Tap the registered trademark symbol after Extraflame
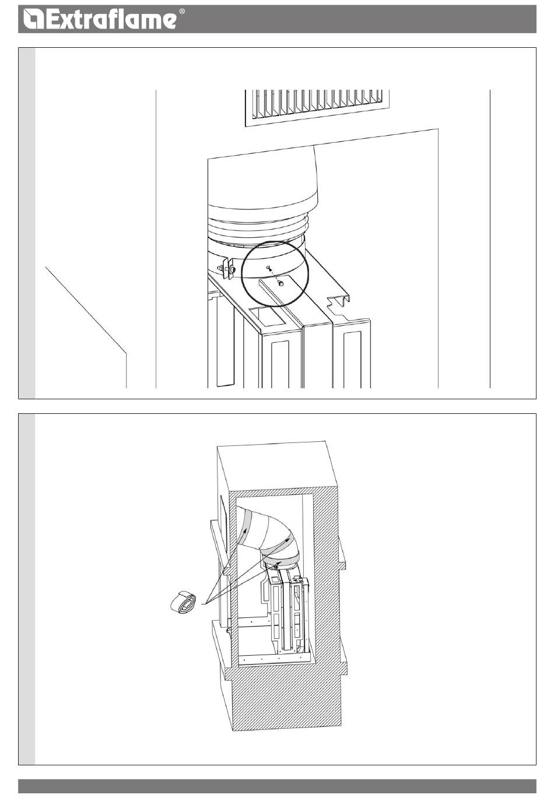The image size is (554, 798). [182, 12]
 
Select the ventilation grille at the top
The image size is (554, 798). [317, 108]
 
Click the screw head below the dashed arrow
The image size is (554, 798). [281, 283]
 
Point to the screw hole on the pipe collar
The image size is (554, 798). [268, 266]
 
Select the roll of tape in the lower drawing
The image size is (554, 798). [183, 602]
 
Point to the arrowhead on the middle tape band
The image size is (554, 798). [287, 540]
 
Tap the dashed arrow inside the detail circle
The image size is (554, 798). [275, 275]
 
